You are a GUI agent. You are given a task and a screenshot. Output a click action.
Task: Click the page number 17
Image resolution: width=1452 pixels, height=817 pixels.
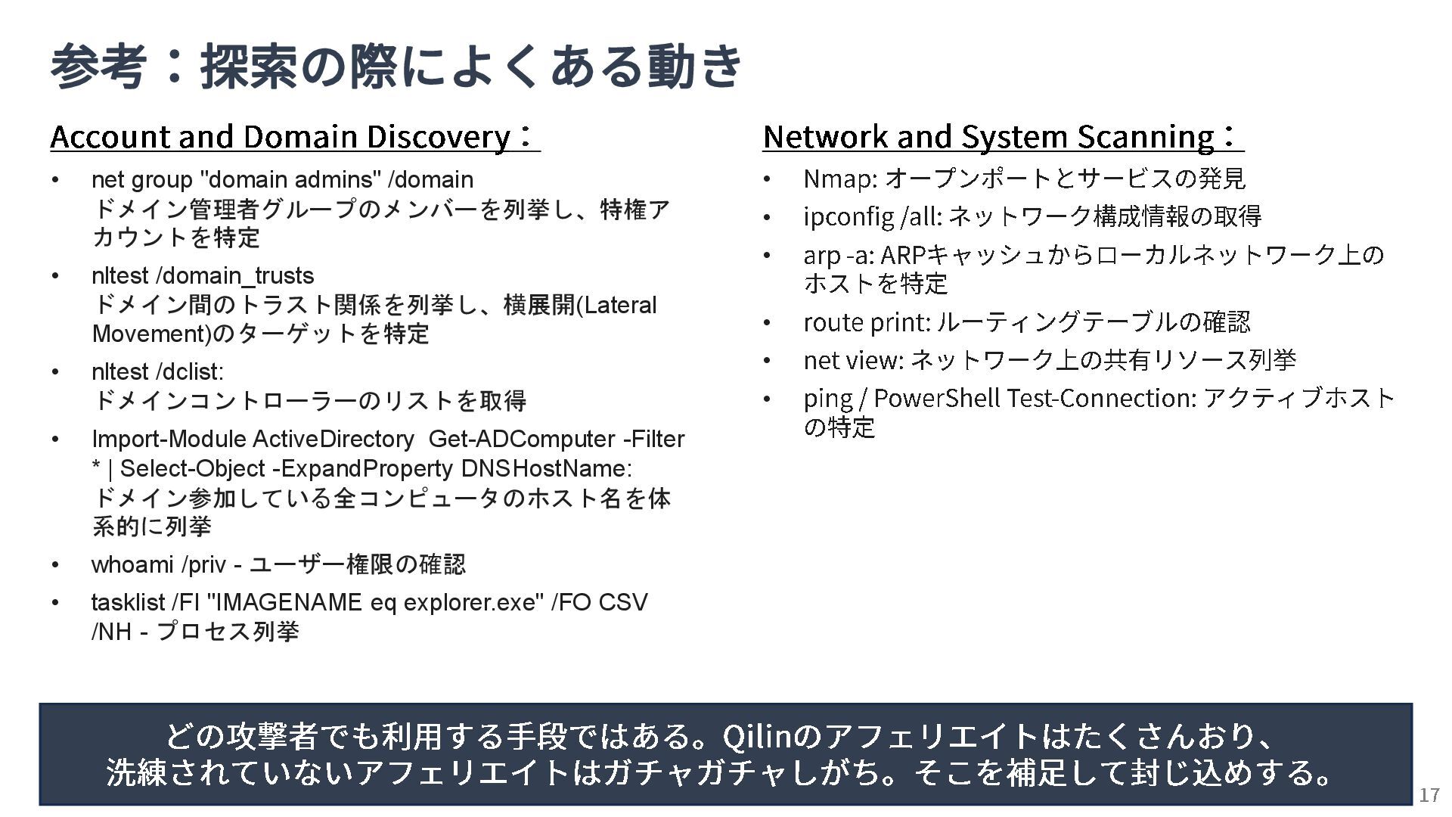(x=1429, y=795)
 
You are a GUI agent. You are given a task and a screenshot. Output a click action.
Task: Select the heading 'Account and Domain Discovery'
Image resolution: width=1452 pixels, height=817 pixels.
(x=280, y=137)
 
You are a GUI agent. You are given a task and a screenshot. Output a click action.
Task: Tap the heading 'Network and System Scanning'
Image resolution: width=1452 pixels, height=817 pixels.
(x=988, y=137)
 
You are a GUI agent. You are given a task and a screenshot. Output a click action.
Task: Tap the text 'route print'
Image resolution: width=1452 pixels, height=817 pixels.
(x=866, y=323)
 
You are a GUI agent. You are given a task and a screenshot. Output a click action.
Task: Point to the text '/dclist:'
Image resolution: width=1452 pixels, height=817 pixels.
(x=189, y=372)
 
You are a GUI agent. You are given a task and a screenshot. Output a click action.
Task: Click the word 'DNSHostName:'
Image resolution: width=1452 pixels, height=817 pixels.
(x=546, y=469)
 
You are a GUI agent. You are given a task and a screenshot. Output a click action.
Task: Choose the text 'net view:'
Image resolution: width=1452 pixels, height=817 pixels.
(x=853, y=361)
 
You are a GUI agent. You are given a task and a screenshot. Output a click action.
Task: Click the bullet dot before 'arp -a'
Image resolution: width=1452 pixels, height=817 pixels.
(x=767, y=256)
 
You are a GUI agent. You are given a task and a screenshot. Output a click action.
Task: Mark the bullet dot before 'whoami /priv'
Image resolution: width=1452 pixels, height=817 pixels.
(x=55, y=565)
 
